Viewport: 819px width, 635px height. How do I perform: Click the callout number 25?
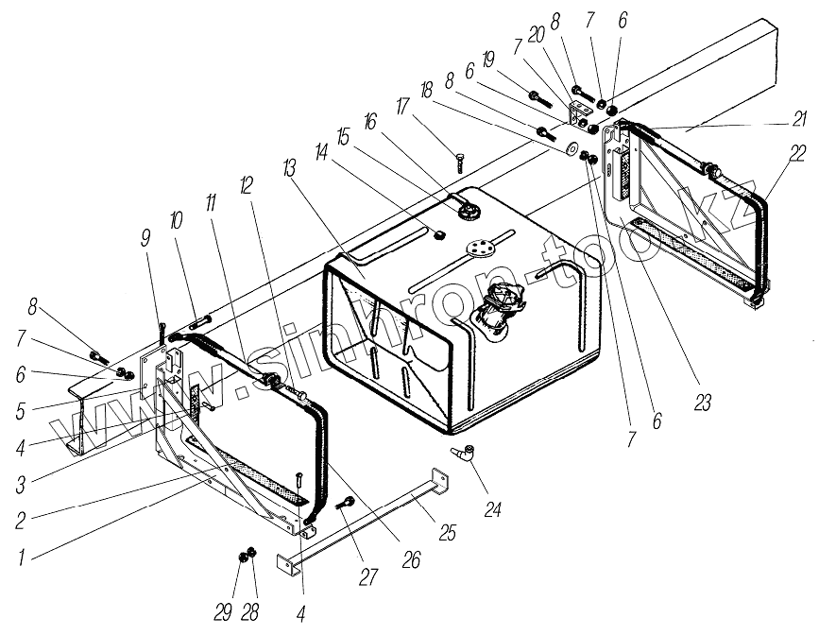[x=448, y=532]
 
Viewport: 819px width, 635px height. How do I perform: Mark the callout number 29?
[x=223, y=613]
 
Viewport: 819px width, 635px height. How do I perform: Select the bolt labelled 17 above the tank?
[x=460, y=162]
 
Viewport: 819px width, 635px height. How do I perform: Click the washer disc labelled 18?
[x=573, y=150]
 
